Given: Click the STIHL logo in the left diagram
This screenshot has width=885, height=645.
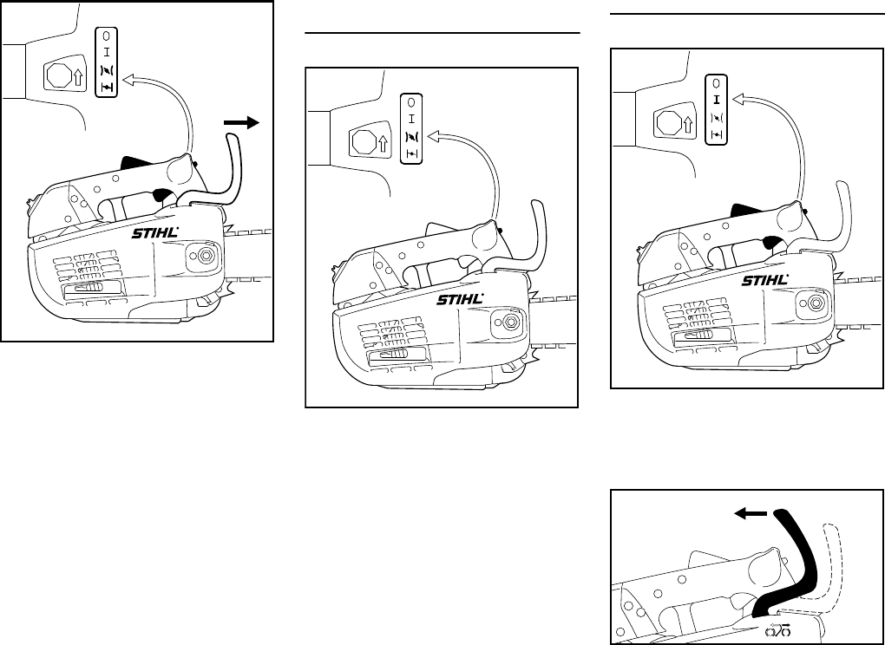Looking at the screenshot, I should coord(155,233).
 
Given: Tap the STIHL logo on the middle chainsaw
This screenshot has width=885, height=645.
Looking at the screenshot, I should coord(458,300).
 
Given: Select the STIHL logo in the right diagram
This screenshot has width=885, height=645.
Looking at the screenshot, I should coord(765,281).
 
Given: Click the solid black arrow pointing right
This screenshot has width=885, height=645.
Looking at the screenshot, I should coord(243,124).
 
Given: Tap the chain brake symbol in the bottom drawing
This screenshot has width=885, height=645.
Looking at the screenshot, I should coord(777,633).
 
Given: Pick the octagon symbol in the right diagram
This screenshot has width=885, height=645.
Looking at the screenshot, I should coord(668,121).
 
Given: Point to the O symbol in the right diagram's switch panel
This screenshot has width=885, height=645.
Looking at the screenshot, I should coord(717,84).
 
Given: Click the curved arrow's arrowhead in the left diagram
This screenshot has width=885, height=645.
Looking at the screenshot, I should coord(129,81).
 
